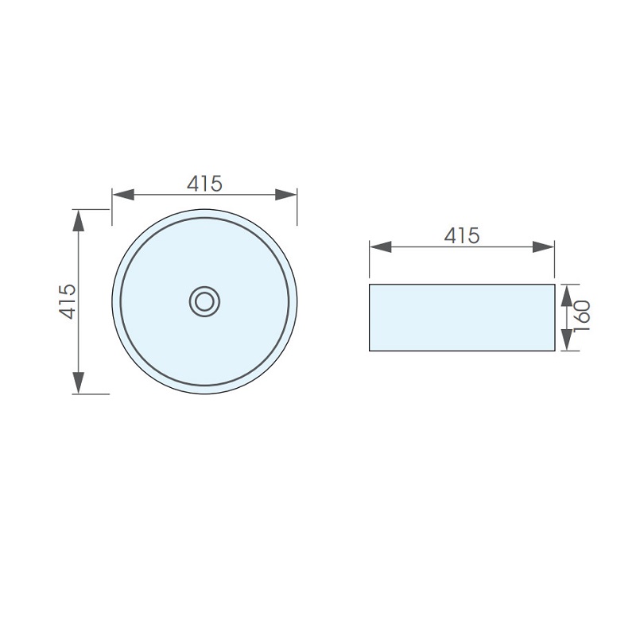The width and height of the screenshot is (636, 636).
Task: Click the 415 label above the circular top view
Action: [204, 184]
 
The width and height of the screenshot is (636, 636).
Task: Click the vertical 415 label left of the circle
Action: [68, 302]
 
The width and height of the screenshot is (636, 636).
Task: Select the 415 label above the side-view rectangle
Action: [462, 235]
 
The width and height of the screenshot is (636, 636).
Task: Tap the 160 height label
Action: [582, 316]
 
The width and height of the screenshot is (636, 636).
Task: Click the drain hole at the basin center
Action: [204, 302]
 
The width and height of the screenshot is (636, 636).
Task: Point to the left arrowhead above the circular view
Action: [123, 194]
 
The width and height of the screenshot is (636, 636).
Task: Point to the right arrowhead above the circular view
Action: [286, 194]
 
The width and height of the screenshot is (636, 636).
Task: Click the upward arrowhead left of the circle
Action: [78, 221]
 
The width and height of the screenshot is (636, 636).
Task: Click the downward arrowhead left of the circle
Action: [78, 383]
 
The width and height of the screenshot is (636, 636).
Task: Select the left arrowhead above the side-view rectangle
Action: [381, 246]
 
